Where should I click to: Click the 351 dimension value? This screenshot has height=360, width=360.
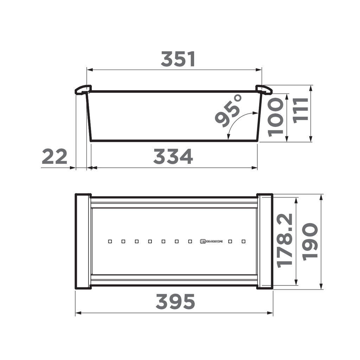(178, 59)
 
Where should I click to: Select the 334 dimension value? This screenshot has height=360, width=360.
(173, 156)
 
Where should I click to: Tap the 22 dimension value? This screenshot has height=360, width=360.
(54, 156)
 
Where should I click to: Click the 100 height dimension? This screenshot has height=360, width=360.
(276, 117)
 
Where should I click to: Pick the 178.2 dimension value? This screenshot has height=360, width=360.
(285, 240)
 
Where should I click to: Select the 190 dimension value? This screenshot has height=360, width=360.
(310, 242)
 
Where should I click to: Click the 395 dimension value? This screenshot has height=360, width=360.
(175, 302)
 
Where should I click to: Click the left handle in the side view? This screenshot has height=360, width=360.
(83, 90)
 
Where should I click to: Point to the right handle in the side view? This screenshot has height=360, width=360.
(264, 90)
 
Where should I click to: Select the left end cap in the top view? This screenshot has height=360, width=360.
(83, 241)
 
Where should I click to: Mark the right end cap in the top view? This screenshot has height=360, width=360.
(265, 241)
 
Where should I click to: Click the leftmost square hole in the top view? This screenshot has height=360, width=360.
(110, 242)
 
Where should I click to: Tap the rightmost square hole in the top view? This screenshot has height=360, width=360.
(244, 242)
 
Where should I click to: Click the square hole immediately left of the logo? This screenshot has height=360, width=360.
(190, 242)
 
